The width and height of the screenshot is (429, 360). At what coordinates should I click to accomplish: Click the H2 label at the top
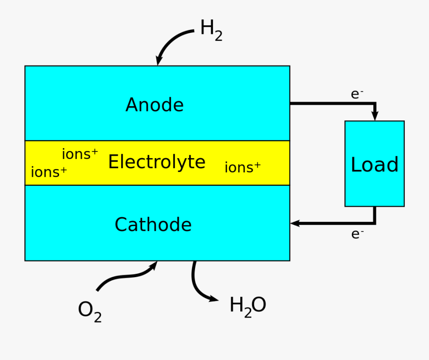coord(211,30)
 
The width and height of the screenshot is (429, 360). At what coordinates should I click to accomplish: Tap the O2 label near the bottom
coord(90,310)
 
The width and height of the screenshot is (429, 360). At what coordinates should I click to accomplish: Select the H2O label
coord(247,306)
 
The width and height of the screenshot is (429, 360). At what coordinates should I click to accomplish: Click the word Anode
coord(154,105)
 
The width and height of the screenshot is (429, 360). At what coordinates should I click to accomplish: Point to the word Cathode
coord(153,225)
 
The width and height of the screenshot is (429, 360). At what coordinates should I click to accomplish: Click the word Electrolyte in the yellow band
coord(156,162)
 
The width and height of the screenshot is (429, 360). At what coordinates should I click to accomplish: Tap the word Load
coord(374,165)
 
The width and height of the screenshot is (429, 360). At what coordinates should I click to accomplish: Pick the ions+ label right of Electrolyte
coord(242,167)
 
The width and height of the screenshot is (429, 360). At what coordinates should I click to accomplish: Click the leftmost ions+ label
coord(49,172)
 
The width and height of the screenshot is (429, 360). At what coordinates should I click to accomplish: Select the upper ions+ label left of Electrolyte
coord(80,154)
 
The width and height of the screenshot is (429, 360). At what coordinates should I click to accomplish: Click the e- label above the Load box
coord(357,94)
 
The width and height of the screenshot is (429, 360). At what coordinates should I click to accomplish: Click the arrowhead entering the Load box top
coord(375,116)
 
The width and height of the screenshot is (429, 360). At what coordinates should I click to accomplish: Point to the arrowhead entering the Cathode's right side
coord(295,223)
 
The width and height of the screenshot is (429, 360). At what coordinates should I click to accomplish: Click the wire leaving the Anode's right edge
coord(329,103)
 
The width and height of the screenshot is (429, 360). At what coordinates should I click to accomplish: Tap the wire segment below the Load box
coord(375,214)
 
